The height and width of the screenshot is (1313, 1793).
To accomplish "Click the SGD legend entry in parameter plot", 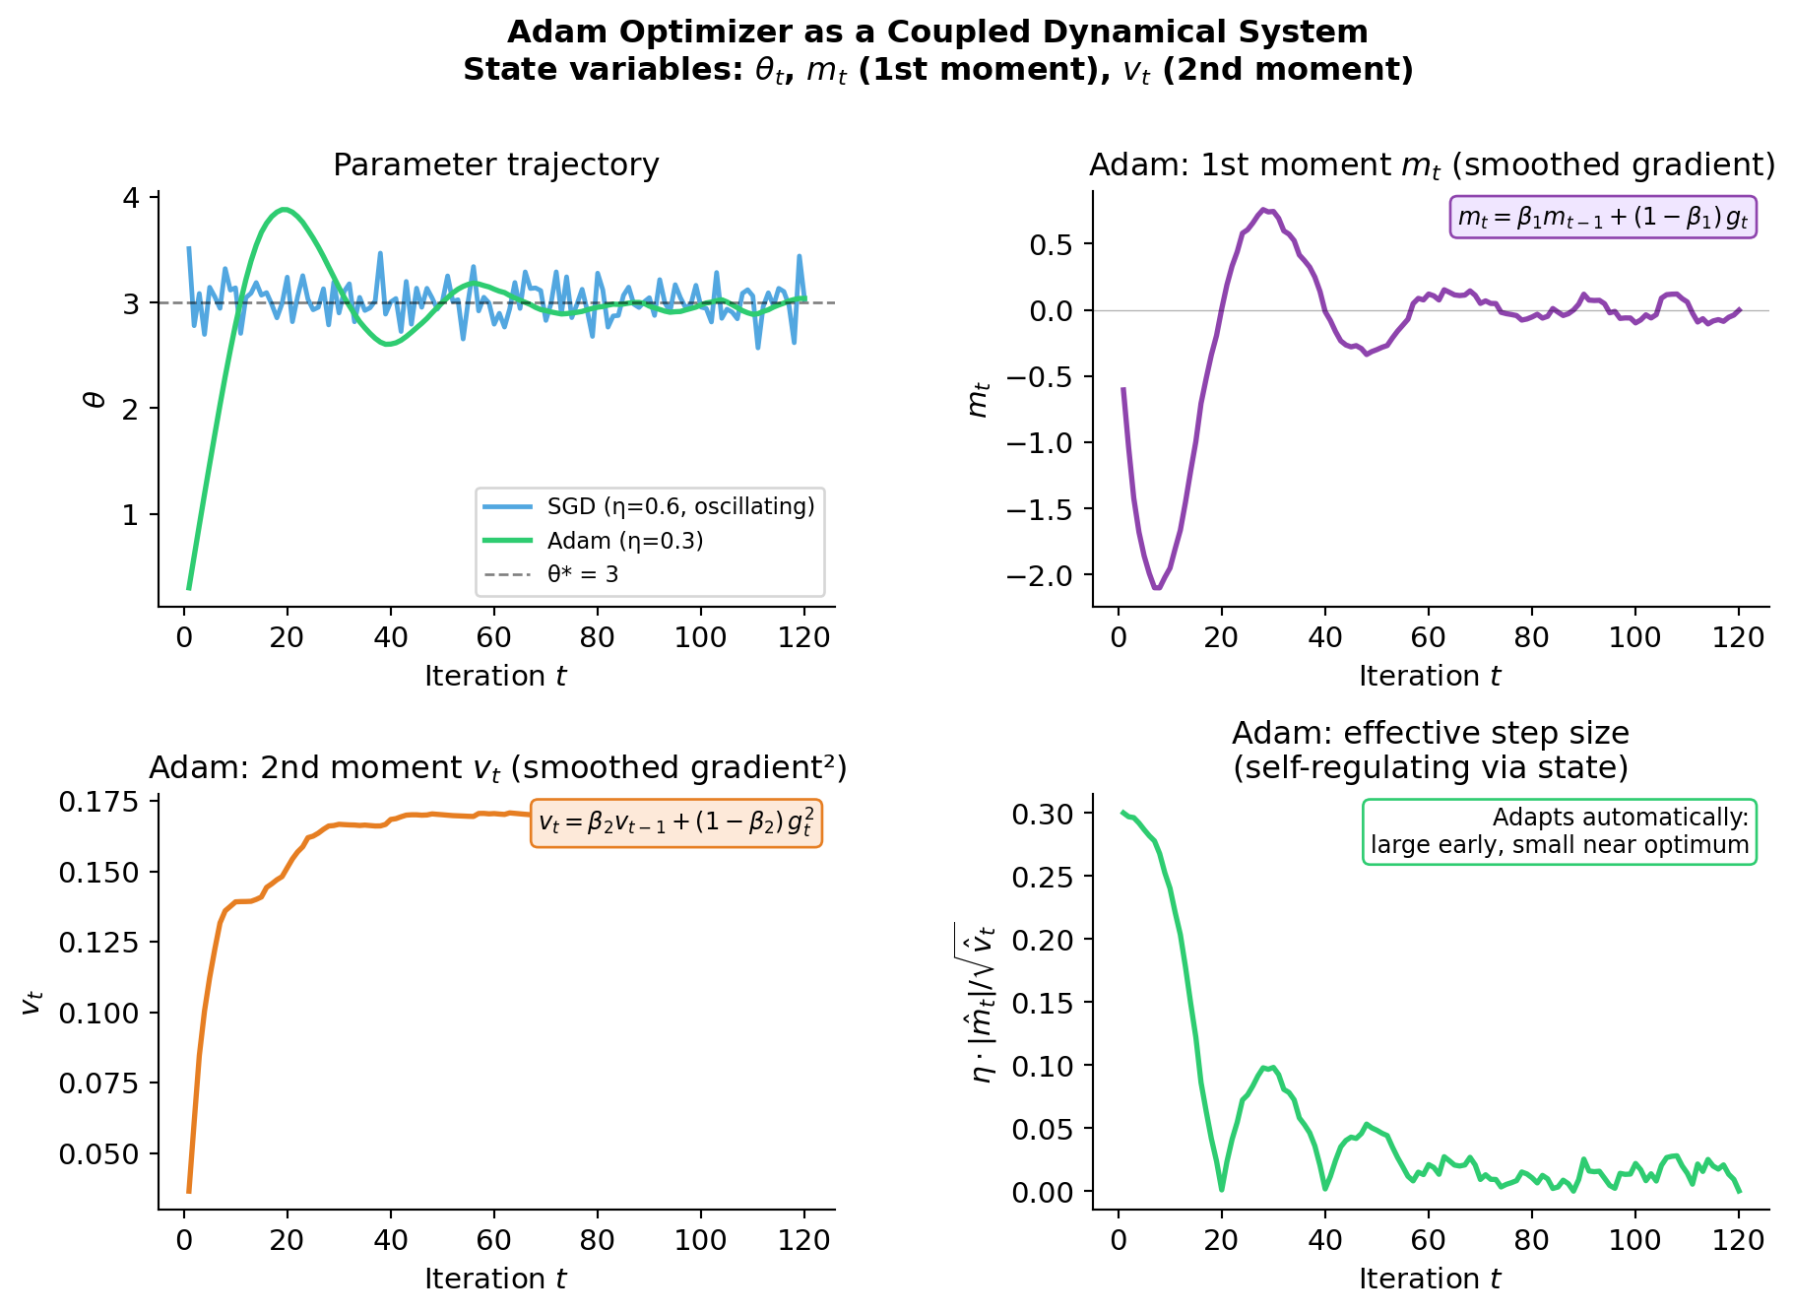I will pos(680,506).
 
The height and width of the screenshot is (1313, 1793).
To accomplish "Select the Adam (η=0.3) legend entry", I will pos(625,541).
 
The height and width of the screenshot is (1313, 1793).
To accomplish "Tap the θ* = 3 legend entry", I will pos(583,574).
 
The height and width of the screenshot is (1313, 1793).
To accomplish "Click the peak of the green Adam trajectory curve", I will pos(285,209).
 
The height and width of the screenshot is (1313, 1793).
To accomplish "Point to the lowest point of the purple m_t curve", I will pos(1157,588).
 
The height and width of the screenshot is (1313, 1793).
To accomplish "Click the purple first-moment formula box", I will pos(1602,218).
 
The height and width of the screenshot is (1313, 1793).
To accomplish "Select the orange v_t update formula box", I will pos(676,822).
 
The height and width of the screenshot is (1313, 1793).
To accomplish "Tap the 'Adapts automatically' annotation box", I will pos(1559,831).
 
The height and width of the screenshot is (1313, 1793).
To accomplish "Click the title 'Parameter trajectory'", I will pos(495,164).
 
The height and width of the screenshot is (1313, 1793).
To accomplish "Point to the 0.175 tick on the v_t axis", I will pos(98,803).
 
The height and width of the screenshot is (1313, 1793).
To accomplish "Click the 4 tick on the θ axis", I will pos(131,197).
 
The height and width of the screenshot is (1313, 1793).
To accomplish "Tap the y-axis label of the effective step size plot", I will pos(983,1003).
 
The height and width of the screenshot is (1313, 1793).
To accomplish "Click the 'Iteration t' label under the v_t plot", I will pos(495,1279).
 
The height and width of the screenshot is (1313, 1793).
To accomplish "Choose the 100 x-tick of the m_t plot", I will pos(1634,637).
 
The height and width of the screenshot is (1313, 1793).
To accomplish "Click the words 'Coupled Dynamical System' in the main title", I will pos(1127,33).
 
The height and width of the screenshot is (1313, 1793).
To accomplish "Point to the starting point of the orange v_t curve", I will pos(189,1192).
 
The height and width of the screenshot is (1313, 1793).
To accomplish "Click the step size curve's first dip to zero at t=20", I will pos(1221,1189).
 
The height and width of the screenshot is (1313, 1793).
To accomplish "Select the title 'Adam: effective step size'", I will pos(1430,734).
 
